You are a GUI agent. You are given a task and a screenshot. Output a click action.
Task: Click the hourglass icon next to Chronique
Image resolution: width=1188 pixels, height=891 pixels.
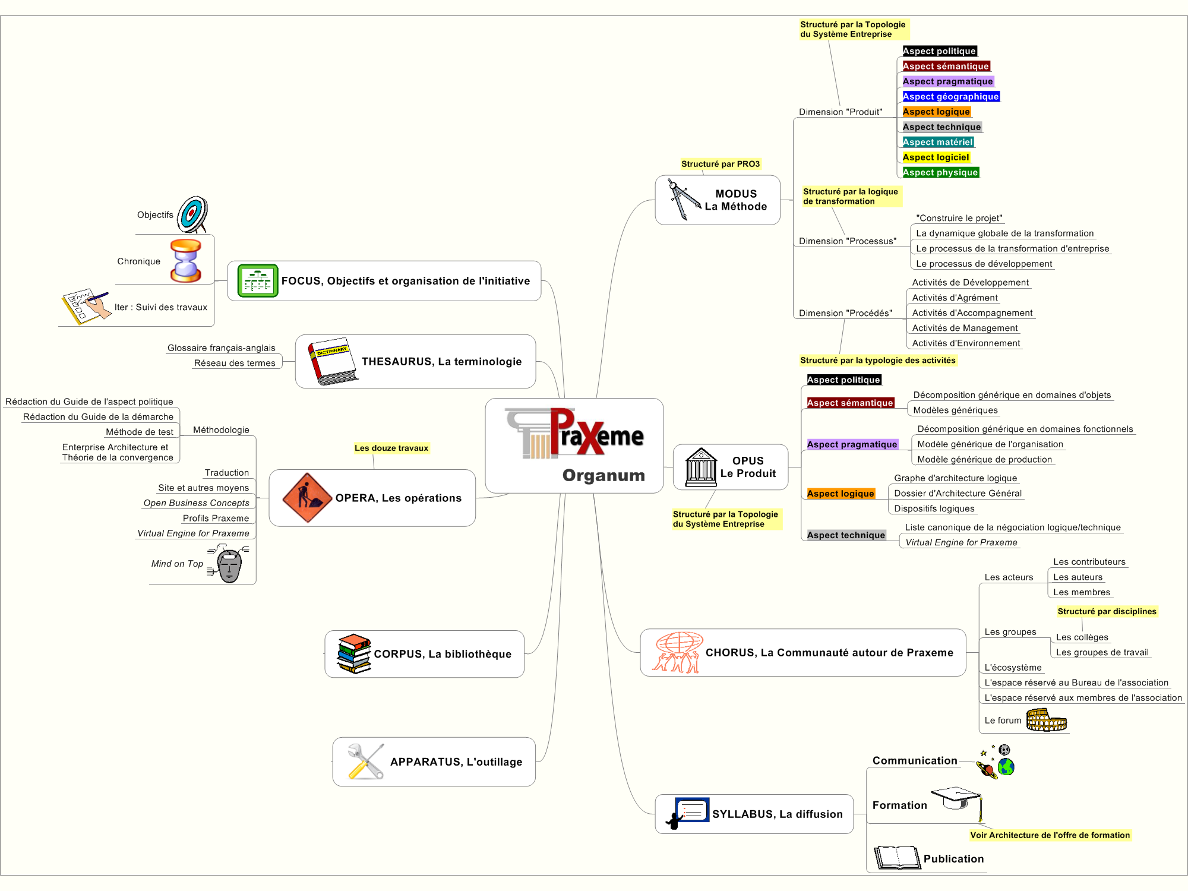(185, 260)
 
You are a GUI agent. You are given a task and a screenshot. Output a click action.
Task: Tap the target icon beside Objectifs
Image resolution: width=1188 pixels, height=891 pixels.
(192, 214)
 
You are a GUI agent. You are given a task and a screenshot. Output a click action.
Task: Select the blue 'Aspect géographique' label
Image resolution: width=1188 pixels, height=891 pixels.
(950, 96)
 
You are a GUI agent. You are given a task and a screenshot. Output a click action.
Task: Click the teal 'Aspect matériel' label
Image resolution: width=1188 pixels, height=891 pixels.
(938, 142)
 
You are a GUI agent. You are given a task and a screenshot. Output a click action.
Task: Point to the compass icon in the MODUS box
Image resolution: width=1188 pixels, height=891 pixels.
(683, 200)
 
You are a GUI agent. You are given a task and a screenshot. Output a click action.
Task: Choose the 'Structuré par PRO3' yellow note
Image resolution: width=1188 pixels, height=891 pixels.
(721, 164)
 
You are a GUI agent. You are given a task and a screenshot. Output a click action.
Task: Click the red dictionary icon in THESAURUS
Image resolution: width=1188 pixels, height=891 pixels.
(333, 361)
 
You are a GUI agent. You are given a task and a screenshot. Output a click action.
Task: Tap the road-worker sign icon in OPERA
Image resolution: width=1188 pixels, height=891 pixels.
(307, 498)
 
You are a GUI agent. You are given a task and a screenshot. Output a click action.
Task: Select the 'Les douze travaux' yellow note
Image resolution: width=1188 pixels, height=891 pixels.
(391, 448)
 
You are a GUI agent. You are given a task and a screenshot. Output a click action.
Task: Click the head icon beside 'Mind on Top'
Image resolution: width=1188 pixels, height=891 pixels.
(229, 564)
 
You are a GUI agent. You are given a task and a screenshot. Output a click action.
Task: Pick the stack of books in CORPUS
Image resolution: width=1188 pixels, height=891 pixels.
(354, 653)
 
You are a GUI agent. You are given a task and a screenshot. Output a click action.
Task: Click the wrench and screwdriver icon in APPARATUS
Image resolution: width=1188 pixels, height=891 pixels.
(366, 762)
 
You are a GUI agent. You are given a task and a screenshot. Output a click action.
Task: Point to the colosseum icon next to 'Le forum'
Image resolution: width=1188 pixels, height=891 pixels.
(1047, 720)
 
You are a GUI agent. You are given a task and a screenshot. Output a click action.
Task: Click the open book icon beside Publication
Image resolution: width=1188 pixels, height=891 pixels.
(897, 858)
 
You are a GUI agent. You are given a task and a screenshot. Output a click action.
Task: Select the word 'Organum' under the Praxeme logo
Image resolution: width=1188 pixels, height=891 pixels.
(604, 475)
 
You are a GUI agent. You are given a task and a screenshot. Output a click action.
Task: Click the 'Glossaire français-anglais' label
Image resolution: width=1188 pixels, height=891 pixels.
(222, 348)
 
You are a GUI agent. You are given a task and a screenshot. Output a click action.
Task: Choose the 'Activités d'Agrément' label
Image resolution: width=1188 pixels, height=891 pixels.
(955, 298)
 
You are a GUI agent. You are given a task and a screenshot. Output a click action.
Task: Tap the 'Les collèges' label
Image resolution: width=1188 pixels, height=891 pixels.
(1082, 637)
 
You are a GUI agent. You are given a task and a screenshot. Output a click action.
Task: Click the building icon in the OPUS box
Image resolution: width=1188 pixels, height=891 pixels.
(701, 467)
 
